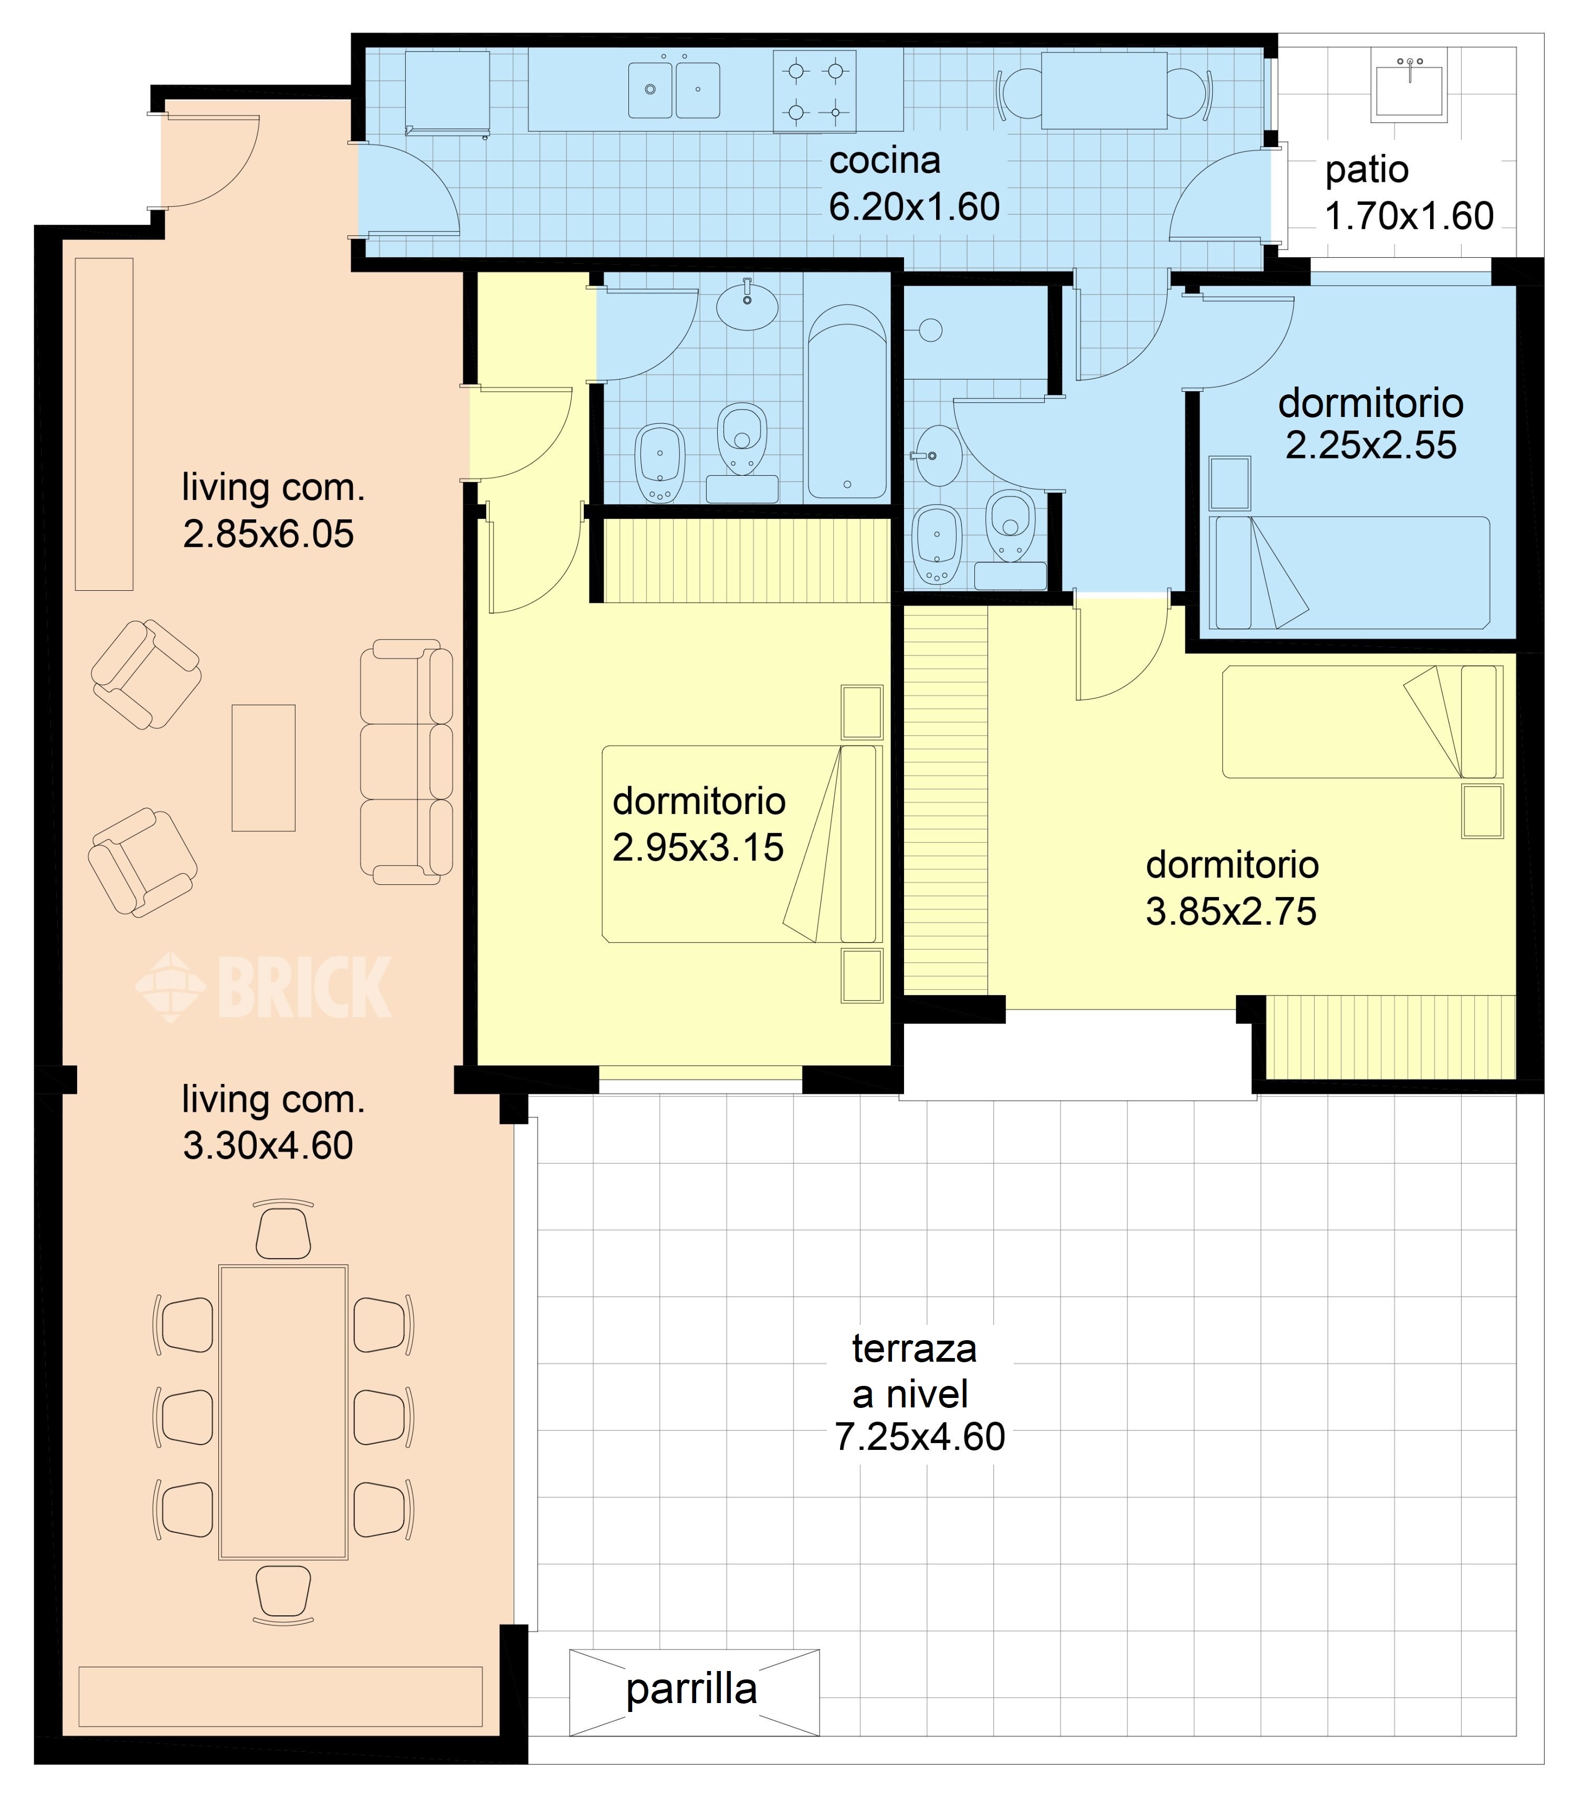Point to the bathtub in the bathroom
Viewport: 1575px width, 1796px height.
847,402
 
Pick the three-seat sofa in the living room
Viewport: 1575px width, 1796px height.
407,761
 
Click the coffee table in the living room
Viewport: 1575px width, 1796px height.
264,767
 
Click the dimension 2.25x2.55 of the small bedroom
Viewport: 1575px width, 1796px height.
1370,445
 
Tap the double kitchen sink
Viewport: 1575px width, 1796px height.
674,90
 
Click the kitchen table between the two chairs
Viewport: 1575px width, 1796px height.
1104,90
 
